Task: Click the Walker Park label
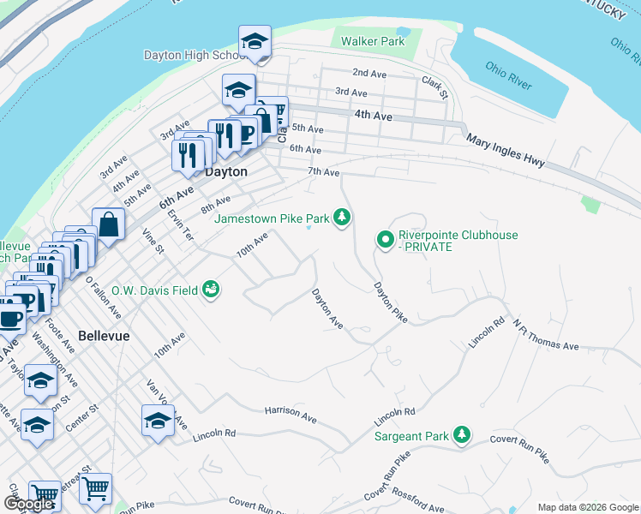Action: point(372,41)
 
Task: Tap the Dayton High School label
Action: point(195,56)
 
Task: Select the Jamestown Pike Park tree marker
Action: point(343,218)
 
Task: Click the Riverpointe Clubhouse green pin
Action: point(385,239)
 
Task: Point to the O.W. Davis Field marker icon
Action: point(210,290)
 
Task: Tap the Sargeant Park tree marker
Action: point(462,435)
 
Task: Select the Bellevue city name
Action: point(104,336)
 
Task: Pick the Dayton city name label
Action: point(226,171)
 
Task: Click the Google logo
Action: point(28,504)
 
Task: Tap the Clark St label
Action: point(434,86)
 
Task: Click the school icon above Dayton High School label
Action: point(255,41)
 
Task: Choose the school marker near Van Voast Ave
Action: point(158,421)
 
